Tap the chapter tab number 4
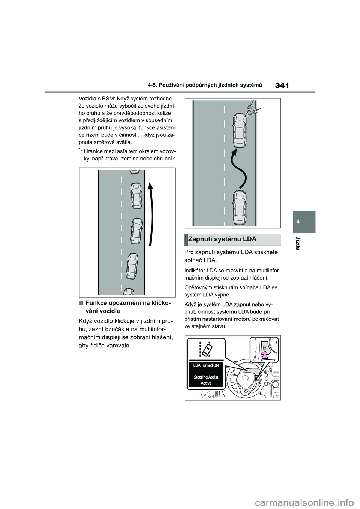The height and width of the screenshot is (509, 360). coord(304,222)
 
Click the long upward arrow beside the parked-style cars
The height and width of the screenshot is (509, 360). coord(151,214)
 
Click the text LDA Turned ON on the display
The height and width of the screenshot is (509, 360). coord(206,365)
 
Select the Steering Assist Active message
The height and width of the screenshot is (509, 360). coord(206,380)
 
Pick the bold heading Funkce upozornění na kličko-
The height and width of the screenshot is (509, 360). coord(126,303)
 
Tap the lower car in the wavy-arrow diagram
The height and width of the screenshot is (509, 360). coord(239,207)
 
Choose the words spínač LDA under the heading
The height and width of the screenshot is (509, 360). coord(201,260)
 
